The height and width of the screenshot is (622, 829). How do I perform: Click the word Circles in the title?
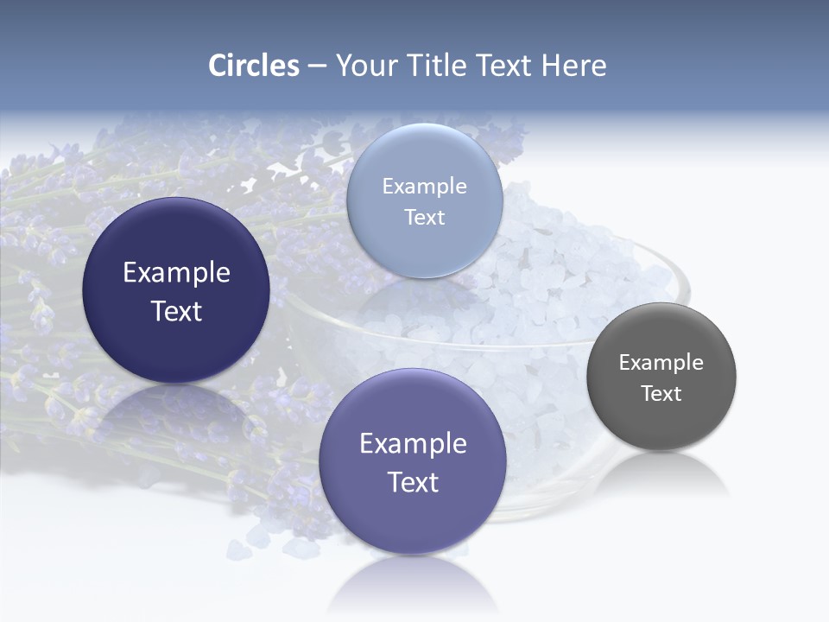(253, 66)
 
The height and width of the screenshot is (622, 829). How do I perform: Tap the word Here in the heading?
(574, 66)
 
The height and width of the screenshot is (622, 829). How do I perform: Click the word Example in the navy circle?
(176, 272)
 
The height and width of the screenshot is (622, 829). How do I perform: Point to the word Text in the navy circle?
(176, 311)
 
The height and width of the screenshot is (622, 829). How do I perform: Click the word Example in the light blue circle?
(424, 186)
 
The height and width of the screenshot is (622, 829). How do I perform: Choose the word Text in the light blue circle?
(424, 217)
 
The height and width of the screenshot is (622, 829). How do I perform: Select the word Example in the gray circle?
(661, 362)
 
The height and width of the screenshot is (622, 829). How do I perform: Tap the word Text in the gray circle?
(661, 393)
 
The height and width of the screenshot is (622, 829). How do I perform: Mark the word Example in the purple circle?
(413, 443)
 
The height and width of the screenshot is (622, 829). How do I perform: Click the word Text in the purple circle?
(413, 482)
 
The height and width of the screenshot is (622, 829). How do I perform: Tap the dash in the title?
(317, 66)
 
